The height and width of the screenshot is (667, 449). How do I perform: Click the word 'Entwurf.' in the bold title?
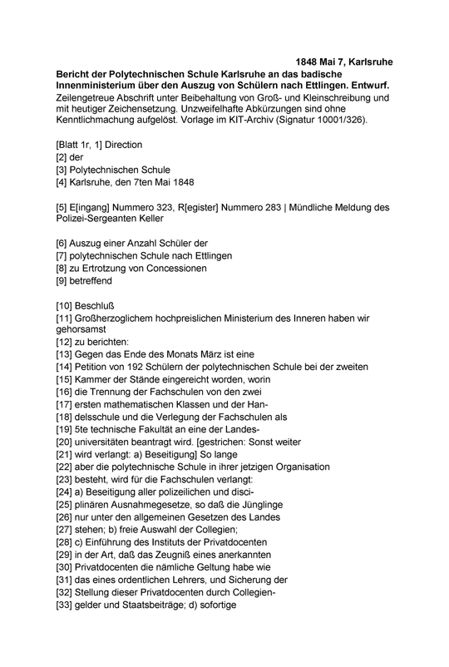coord(368,87)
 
